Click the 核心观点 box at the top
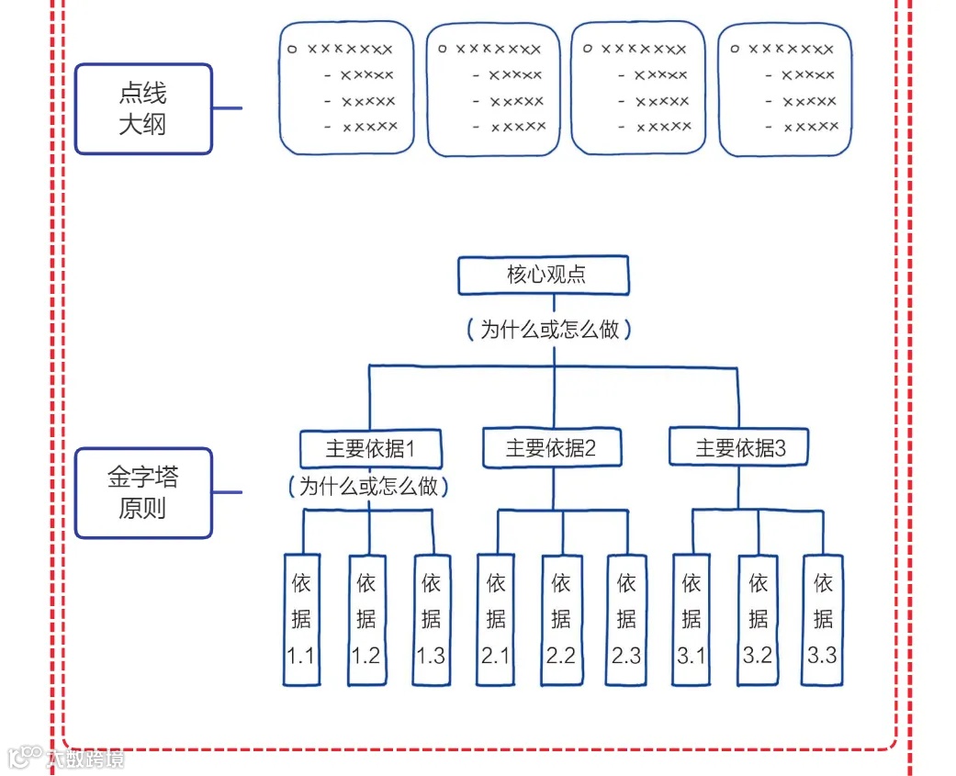[x=545, y=276]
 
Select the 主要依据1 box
[x=371, y=449]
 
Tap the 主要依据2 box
[x=551, y=448]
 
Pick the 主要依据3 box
[x=739, y=448]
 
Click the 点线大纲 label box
[x=143, y=108]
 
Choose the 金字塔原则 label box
[x=143, y=492]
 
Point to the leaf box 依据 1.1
[x=301, y=620]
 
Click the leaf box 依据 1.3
[x=431, y=620]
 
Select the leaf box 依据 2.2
[x=561, y=620]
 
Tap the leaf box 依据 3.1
[x=692, y=620]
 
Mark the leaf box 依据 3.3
[x=822, y=620]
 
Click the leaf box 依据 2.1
[x=496, y=620]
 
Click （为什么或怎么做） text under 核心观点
[x=549, y=330]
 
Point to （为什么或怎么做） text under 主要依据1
[x=369, y=486]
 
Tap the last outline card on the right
[x=784, y=89]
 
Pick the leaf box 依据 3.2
[x=758, y=620]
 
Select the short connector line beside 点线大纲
[x=228, y=108]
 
